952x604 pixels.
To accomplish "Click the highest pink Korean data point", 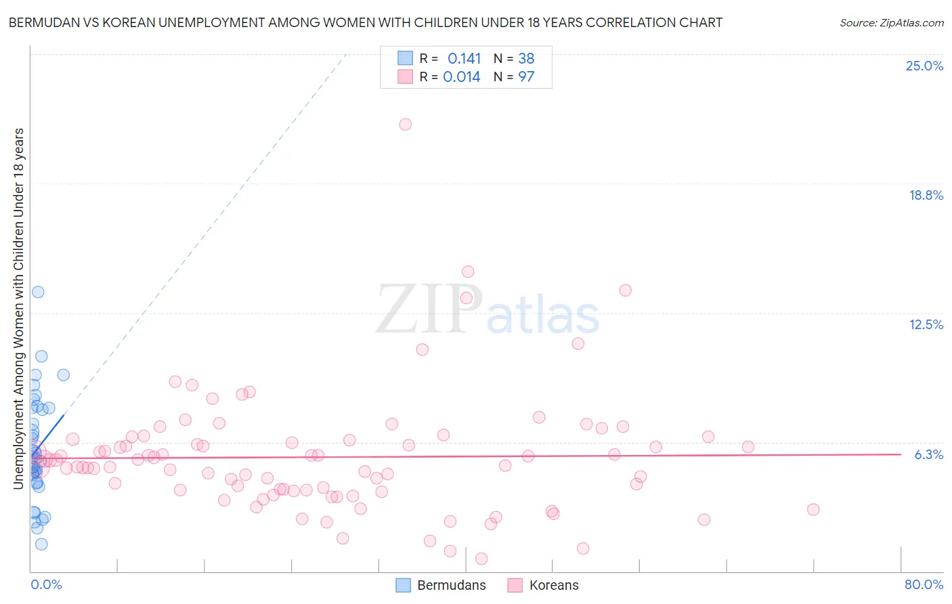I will click(405, 124).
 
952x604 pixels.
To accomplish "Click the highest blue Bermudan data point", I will click(38, 292).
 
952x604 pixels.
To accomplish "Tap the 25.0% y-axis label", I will click(924, 66).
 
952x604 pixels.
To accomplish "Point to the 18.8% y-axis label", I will click(926, 195).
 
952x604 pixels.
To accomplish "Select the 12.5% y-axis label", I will click(926, 324).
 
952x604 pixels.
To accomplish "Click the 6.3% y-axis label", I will click(928, 454).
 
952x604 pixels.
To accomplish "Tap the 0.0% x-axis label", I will click(46, 584).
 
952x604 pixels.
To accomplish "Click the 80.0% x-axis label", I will click(924, 584).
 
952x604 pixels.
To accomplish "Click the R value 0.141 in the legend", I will click(464, 59).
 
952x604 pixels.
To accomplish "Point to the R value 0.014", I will click(462, 77).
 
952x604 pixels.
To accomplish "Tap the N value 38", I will click(526, 59).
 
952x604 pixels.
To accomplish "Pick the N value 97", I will click(526, 77).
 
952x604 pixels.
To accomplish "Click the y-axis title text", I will click(18, 308).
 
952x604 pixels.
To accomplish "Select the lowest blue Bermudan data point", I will click(41, 544).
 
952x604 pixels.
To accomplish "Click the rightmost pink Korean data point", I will click(813, 509).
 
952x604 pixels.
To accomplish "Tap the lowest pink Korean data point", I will click(481, 559).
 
